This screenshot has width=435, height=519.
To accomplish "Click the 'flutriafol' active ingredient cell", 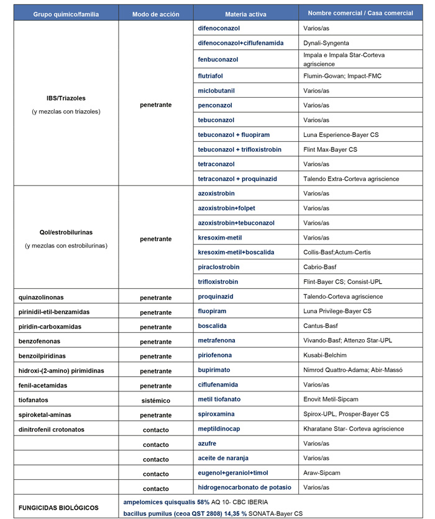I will pyautogui.click(x=211, y=76).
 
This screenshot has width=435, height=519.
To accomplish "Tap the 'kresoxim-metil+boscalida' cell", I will pyautogui.click(x=236, y=252).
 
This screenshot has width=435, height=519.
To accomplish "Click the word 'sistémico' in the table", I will pyautogui.click(x=155, y=400).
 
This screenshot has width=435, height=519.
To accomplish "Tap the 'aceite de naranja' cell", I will pyautogui.click(x=222, y=459).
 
